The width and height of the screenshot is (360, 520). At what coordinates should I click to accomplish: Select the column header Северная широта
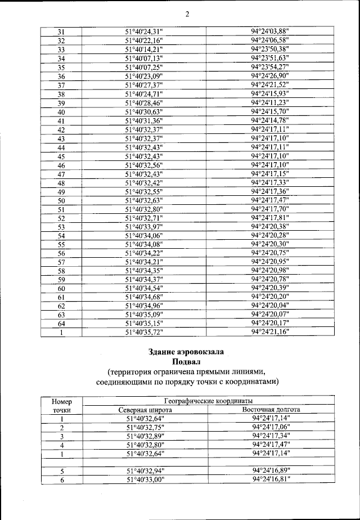pos(145,410)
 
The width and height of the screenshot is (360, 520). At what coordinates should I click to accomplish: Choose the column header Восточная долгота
pos(271,410)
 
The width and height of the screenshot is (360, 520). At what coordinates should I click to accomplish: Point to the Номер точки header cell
pos(62,406)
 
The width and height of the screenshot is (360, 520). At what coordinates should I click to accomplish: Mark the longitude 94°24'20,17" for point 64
pos(269,323)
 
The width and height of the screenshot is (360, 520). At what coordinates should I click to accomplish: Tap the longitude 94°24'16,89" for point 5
pos(271,470)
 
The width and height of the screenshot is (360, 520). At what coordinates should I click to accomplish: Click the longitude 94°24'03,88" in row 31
pos(269,32)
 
